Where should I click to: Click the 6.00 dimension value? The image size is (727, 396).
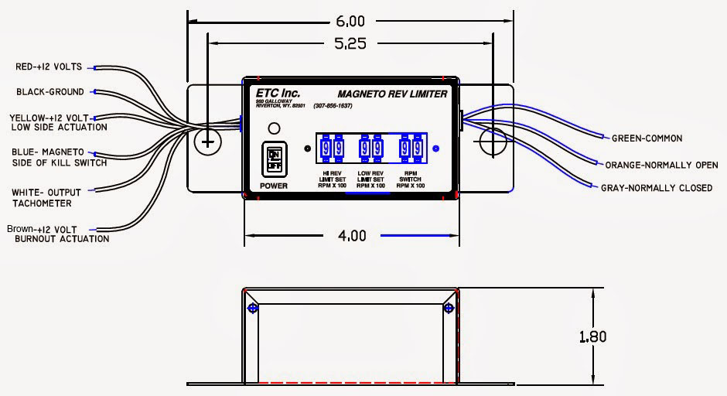tap(350, 21)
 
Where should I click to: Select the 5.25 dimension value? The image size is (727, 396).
tap(350, 44)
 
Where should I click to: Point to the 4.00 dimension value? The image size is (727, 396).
tap(351, 236)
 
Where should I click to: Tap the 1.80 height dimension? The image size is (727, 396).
tap(592, 336)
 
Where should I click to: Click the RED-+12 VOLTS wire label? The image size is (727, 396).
tap(49, 67)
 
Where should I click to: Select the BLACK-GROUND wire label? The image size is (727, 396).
tap(50, 92)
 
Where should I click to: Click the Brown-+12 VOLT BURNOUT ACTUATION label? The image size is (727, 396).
tap(57, 234)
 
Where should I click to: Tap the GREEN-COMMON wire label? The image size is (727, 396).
tap(647, 138)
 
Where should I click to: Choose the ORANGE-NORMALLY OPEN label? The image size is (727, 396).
tap(661, 165)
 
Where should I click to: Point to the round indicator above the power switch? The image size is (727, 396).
tap(273, 128)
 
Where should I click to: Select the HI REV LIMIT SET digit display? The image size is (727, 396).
tap(333, 148)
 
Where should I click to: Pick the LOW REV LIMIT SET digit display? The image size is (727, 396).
tap(371, 148)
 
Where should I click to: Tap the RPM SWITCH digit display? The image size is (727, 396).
tap(411, 148)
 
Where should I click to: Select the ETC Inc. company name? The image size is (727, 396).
tap(278, 93)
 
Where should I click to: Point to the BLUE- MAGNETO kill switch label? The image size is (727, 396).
tap(58, 157)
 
